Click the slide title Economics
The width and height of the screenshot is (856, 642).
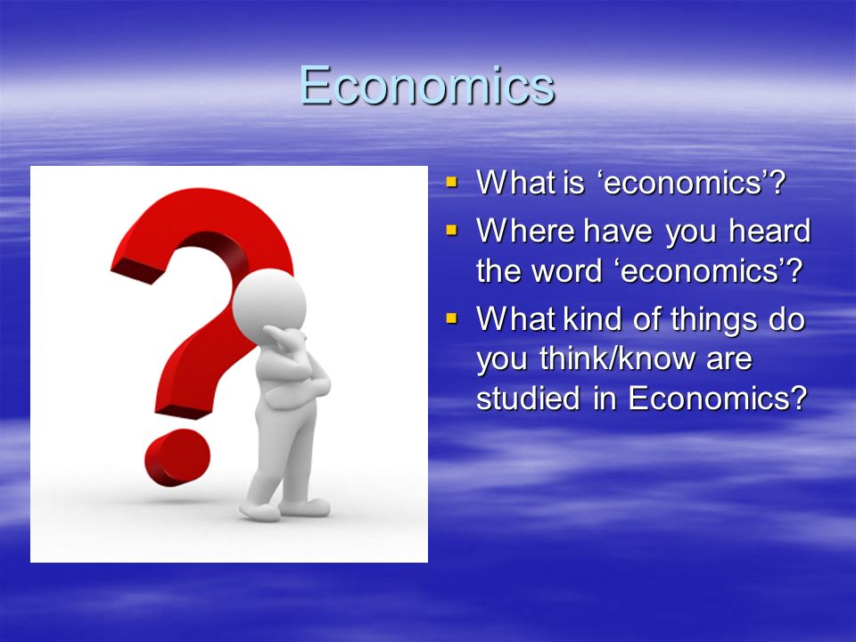pos(427,86)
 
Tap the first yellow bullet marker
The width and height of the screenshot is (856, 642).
pos(451,181)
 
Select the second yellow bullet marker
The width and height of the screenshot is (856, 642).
pos(451,230)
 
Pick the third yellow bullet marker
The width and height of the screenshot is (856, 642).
pos(451,317)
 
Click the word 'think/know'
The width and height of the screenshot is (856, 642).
pos(618,358)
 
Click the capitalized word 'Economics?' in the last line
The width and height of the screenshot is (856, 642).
pos(717,398)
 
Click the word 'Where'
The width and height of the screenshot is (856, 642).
pos(525,230)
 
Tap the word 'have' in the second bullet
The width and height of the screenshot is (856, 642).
pos(617,230)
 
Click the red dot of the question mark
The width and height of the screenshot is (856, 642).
pos(177,457)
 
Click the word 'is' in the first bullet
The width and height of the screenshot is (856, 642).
pos(573,182)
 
